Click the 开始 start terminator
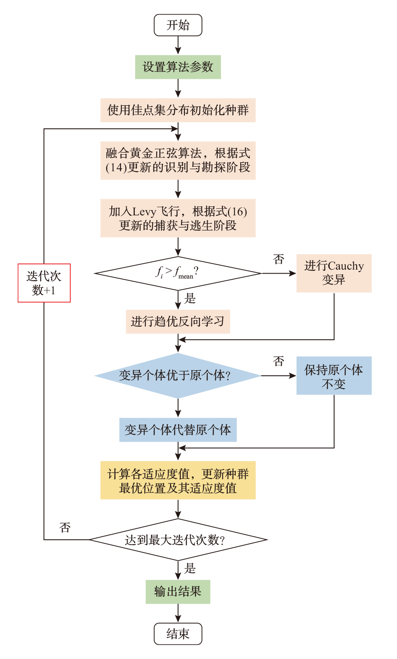point(178,25)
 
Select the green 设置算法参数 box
point(178,67)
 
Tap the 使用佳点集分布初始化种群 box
point(178,110)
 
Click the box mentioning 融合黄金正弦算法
point(178,160)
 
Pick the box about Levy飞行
point(178,218)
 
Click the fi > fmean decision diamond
point(178,273)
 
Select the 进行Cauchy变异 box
point(334,273)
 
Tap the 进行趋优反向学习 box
point(178,321)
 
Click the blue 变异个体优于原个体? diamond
point(178,375)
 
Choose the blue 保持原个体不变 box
point(334,375)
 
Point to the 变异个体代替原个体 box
point(178,429)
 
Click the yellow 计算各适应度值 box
point(178,480)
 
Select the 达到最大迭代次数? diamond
point(178,540)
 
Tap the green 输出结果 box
point(178,591)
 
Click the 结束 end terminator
point(178,633)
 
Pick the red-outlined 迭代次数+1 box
point(44,283)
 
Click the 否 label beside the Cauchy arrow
point(278,259)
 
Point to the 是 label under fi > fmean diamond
point(190,299)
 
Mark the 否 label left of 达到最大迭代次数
point(65,527)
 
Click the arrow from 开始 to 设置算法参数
point(178,45)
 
